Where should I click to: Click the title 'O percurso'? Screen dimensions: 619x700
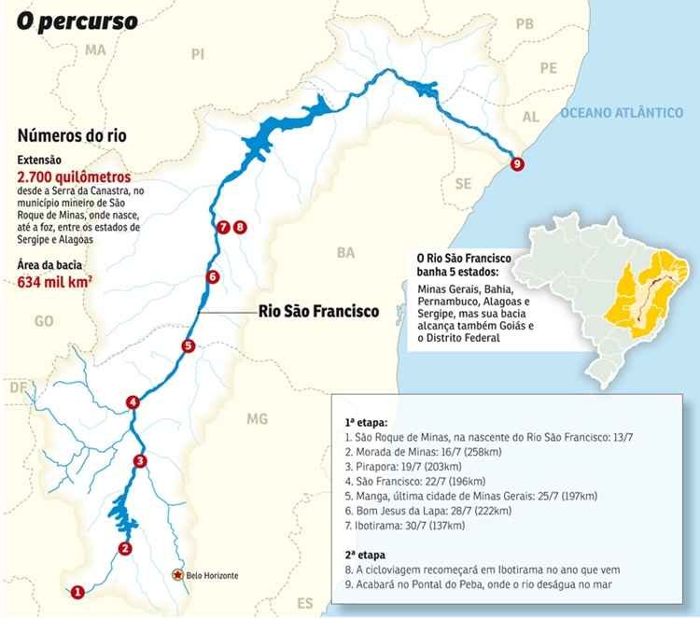76,20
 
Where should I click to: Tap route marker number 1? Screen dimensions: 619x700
77,590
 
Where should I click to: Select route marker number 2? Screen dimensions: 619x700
125,548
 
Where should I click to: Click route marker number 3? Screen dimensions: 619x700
140,460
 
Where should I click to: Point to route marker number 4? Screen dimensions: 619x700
133,402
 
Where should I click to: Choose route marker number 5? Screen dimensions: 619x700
188,345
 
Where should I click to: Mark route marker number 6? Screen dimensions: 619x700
212,276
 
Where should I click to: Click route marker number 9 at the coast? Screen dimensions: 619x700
518,164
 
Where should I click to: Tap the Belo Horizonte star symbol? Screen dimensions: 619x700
176,575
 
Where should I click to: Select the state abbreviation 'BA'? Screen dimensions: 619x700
346,252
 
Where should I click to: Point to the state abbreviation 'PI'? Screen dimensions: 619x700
197,55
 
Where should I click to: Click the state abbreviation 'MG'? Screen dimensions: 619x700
258,418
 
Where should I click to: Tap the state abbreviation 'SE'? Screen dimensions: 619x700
463,184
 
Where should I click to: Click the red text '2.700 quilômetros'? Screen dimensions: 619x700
73,176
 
